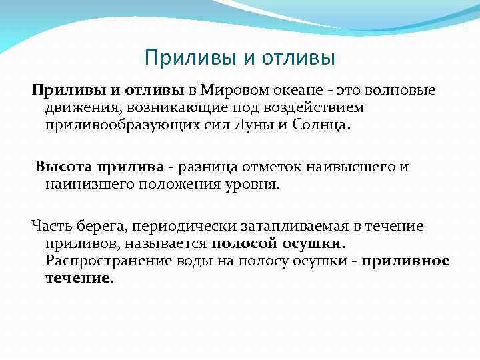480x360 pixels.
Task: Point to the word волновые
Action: point(403,90)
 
